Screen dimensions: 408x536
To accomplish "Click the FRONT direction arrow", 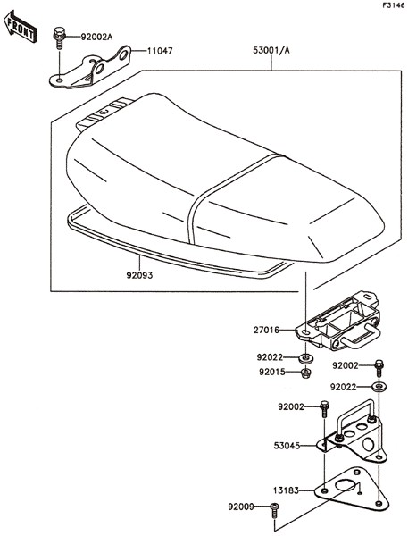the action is [x=21, y=27].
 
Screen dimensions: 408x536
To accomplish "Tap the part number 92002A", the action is [x=96, y=37].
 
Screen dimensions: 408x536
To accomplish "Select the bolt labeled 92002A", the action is [x=59, y=37].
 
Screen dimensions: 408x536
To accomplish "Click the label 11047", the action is [x=160, y=51].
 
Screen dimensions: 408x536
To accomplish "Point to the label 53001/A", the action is [x=271, y=50].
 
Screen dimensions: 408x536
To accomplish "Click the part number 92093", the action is [x=139, y=275].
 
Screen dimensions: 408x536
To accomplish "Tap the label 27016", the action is [x=266, y=331].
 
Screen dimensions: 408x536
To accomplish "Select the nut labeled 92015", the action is [x=305, y=373].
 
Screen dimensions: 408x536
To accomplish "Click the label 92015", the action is [x=272, y=372].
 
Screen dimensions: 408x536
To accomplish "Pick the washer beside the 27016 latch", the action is [x=305, y=358].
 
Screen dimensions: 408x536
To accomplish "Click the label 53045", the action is [x=287, y=446].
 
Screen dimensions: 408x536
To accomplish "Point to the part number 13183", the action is [x=287, y=490].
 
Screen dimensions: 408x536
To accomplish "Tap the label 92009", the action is [x=241, y=507].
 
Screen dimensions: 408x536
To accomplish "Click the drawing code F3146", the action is [x=394, y=5].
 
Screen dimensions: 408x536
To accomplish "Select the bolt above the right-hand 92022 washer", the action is [x=379, y=368].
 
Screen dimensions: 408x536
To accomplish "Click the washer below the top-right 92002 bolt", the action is [x=379, y=387].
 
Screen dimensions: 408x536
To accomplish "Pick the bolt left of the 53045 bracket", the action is [x=324, y=408].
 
